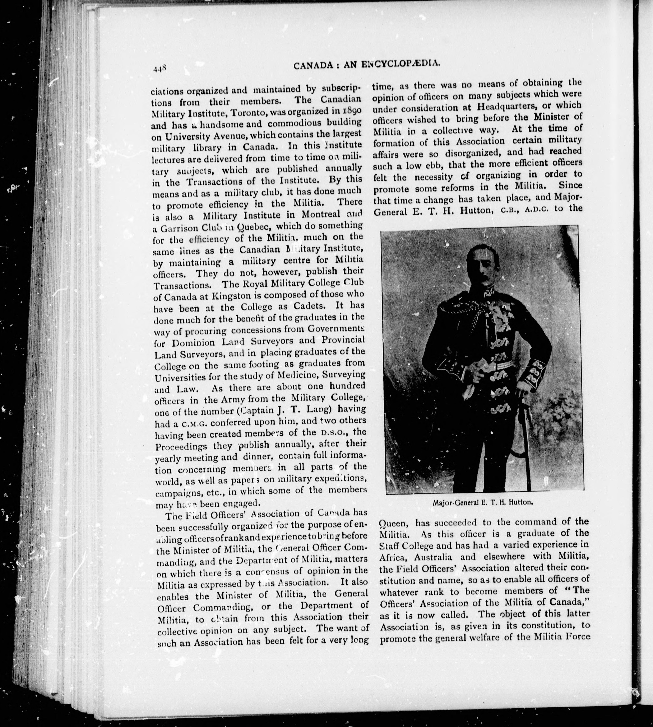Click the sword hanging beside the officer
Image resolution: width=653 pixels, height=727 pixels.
(527, 448)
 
